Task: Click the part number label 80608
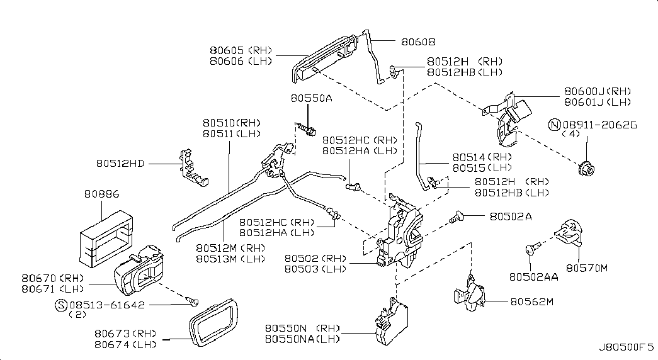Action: tap(417, 42)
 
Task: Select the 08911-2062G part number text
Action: tap(599, 125)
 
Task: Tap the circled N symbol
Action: tap(555, 125)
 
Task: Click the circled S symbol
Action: tap(61, 305)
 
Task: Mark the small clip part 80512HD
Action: tap(193, 166)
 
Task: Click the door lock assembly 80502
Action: tap(400, 233)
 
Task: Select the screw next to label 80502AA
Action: tap(532, 249)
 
